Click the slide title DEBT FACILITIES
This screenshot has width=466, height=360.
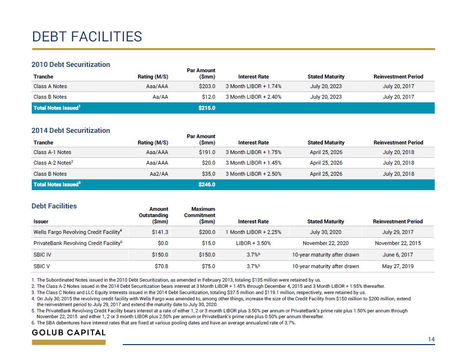[x=87, y=37]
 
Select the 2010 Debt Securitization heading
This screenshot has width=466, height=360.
[x=71, y=64]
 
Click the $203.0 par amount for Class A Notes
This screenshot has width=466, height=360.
[x=207, y=86]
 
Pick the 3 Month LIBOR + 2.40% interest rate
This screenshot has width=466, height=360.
[x=253, y=97]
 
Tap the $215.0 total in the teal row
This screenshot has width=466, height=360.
[x=207, y=108]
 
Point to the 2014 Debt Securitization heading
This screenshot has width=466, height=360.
[x=71, y=130]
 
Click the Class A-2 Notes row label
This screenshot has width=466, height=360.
[x=53, y=163]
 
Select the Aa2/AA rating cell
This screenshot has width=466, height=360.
[x=159, y=174]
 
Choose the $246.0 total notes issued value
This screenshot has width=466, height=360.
[x=207, y=184]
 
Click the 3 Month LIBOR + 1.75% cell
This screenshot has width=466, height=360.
[x=253, y=152]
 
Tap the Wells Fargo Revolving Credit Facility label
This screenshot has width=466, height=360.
[x=78, y=232]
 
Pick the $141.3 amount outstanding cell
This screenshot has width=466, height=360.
[x=160, y=232]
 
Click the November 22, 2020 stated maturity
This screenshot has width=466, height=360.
[x=326, y=243]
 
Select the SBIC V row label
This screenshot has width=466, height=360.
[x=41, y=266]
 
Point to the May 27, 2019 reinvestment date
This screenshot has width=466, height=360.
[x=398, y=266]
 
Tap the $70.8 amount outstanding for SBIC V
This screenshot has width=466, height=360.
[x=161, y=266]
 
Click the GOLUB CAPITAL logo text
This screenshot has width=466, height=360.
[x=69, y=333]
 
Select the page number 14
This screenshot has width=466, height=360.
[x=431, y=339]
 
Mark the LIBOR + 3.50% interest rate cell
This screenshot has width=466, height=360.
[x=253, y=243]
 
